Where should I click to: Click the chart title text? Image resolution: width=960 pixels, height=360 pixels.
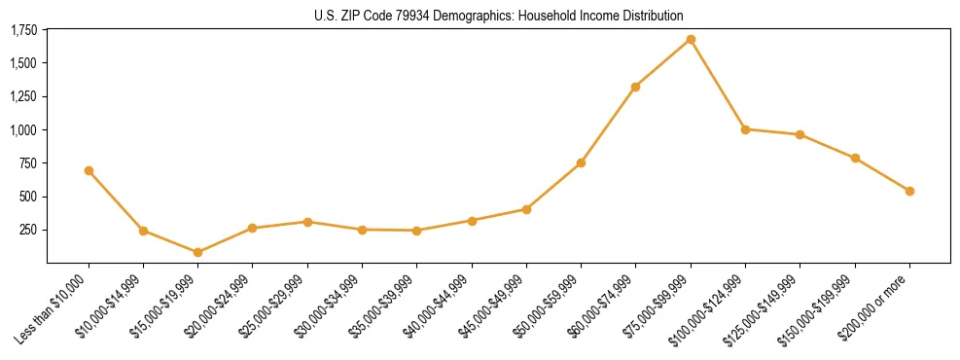498,16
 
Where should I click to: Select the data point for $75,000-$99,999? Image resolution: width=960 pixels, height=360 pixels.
691,39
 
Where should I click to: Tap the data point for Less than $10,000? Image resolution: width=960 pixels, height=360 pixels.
89,170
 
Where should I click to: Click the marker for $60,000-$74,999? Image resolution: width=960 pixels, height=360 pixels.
635,87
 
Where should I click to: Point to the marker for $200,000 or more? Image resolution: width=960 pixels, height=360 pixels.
909,191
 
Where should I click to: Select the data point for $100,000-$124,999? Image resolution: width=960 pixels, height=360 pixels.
745,129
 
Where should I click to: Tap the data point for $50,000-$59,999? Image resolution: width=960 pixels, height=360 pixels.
581,162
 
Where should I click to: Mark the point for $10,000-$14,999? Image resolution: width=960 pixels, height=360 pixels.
143,231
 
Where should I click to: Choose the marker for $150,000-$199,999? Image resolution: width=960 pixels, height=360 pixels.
855,158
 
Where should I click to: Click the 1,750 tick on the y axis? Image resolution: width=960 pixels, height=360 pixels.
23,30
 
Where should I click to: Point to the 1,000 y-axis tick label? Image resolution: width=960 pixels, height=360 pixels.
23,130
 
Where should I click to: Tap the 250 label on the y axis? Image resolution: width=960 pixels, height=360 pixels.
29,231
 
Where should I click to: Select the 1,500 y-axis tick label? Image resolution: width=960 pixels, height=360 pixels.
23,63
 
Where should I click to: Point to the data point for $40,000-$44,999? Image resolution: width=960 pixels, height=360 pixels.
472,221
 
